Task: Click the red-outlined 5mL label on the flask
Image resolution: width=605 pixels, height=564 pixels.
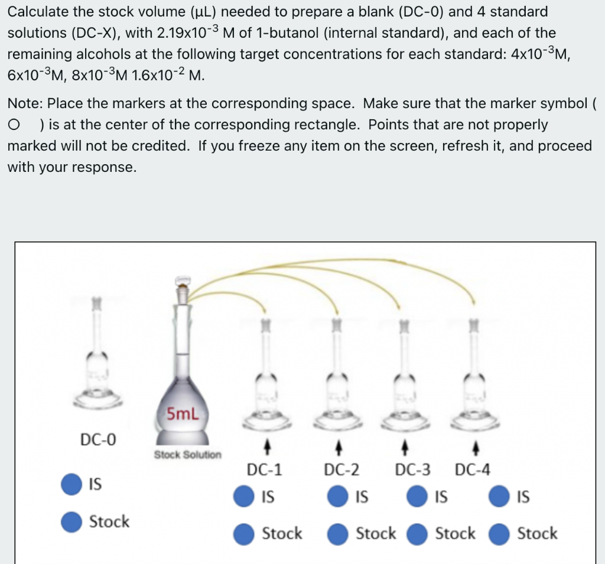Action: coord(182,413)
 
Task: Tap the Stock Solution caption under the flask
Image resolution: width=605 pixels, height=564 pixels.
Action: coord(188,455)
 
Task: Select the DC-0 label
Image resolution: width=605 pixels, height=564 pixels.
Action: coord(99,439)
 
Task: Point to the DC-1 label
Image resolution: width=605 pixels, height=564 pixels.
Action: coord(264,470)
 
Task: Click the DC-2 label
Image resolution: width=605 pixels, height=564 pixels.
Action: coord(341,470)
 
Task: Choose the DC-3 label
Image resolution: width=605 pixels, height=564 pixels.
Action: coord(413,470)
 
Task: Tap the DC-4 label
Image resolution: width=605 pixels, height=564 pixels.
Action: coord(473,470)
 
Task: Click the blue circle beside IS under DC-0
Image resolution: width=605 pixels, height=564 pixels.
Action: coord(72,484)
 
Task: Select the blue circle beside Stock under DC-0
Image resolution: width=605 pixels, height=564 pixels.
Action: coord(72,521)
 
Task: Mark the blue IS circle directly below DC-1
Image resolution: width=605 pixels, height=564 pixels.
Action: coord(244,497)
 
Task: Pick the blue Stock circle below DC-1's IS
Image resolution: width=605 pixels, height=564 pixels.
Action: coord(244,534)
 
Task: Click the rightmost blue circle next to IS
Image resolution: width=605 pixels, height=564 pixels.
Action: coord(500,497)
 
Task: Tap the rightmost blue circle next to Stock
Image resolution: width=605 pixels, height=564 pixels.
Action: coord(500,534)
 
